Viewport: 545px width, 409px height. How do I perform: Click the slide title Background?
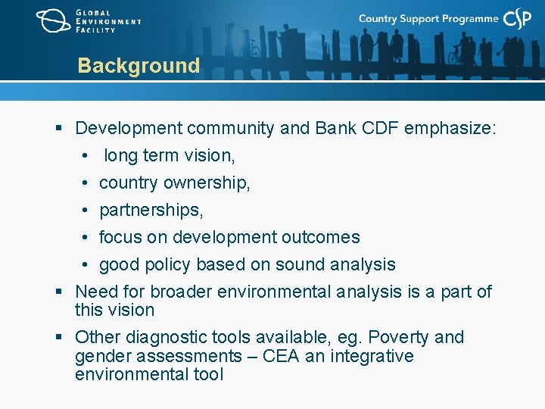pyautogui.click(x=139, y=66)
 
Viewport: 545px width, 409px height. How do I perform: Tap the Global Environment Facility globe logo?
pyautogui.click(x=53, y=20)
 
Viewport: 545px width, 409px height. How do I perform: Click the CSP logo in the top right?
pyautogui.click(x=518, y=19)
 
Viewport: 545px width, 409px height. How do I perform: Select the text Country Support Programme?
pyautogui.click(x=428, y=19)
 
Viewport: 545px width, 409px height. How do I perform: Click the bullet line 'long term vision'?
pyautogui.click(x=169, y=156)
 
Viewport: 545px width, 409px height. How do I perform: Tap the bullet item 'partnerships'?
pyautogui.click(x=151, y=211)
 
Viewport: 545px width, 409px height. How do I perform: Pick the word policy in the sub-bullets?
pyautogui.click(x=166, y=265)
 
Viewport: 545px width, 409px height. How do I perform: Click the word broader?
pyautogui.click(x=181, y=292)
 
